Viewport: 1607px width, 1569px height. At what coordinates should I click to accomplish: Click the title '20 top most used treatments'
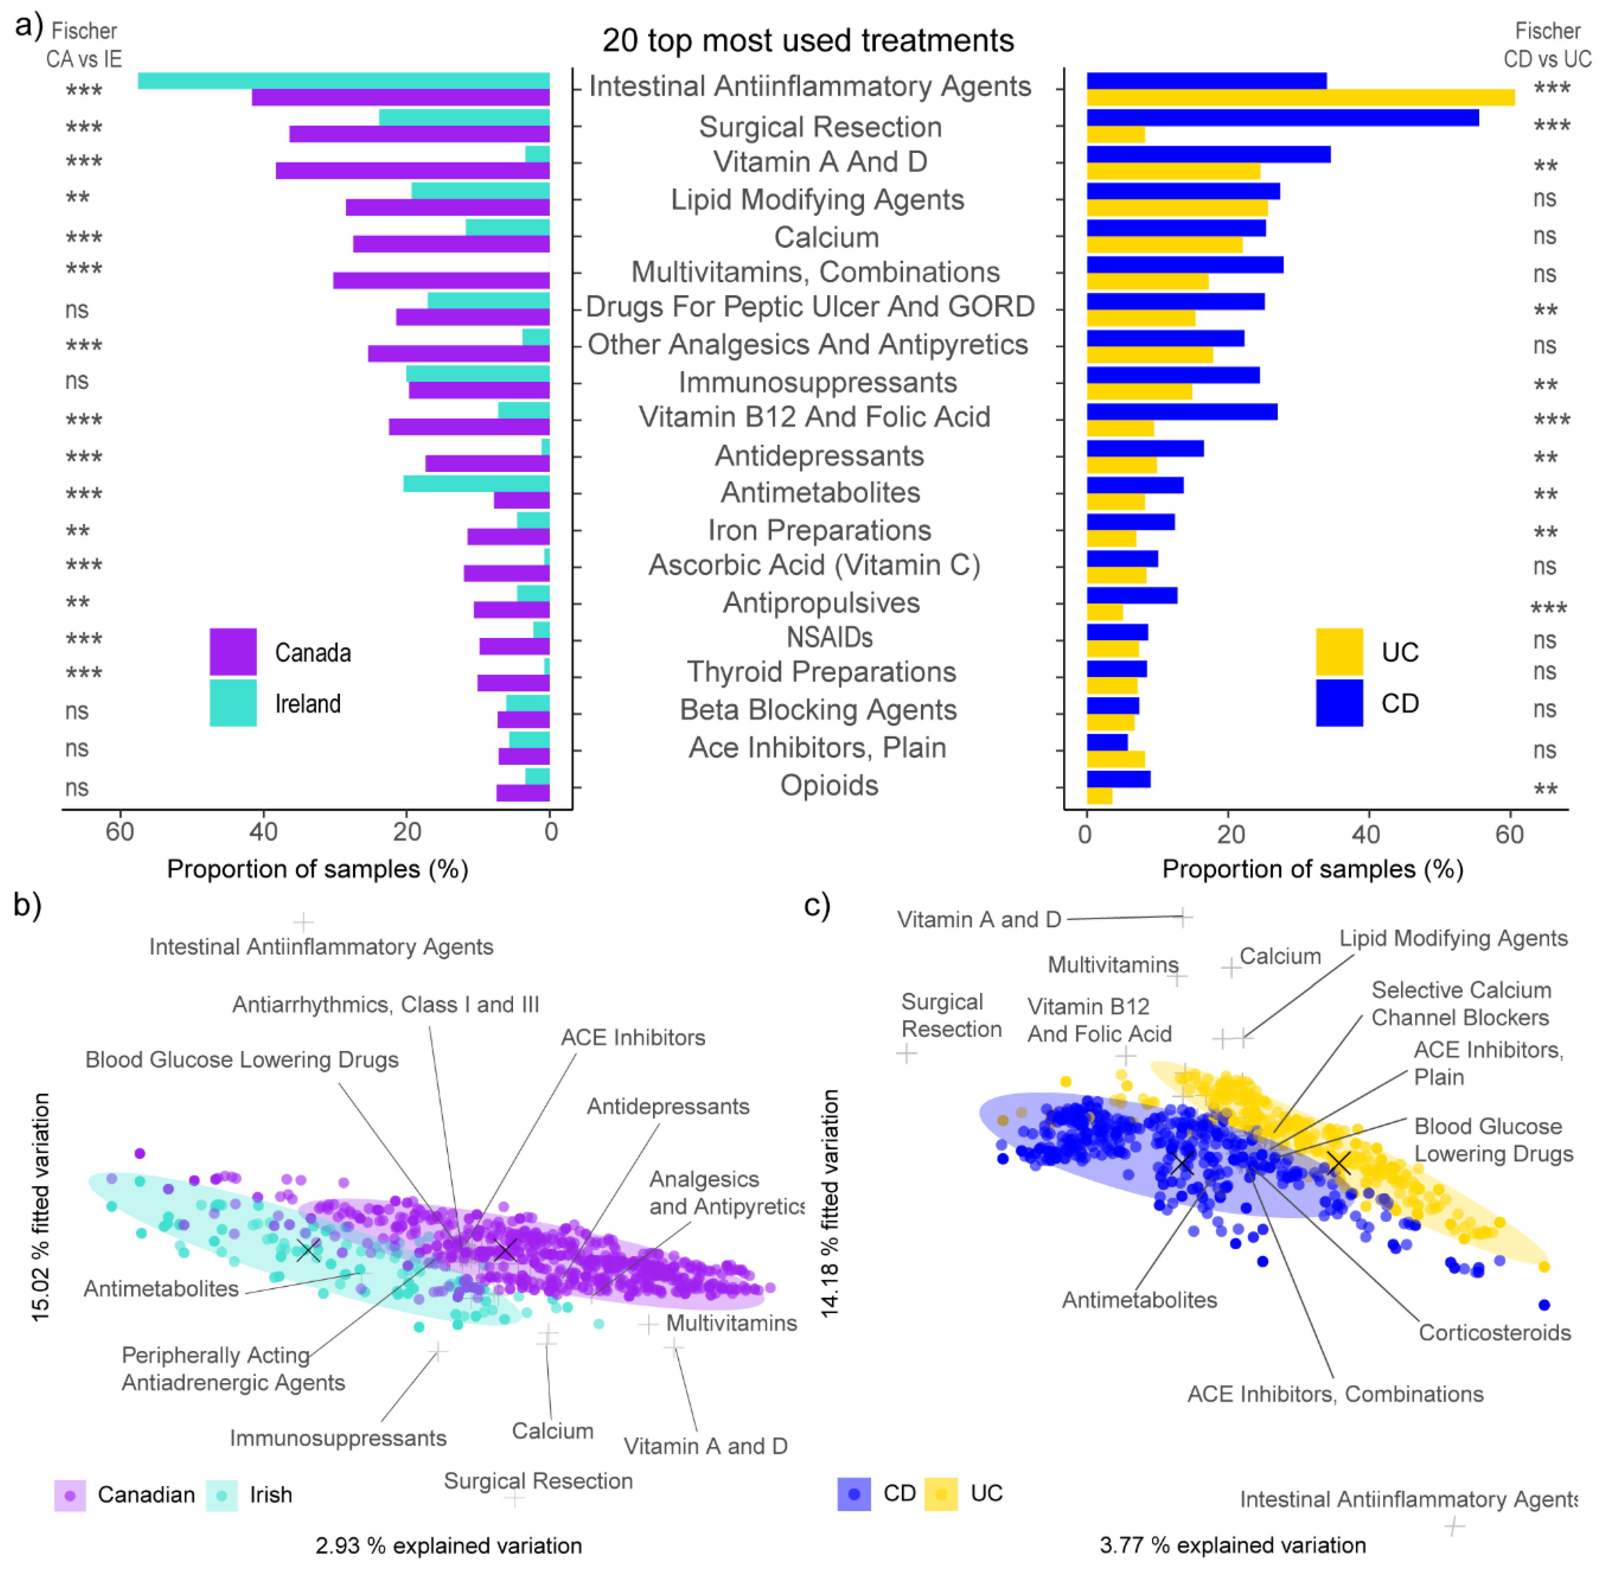808,40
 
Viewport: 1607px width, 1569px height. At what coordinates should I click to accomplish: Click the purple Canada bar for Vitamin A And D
412,171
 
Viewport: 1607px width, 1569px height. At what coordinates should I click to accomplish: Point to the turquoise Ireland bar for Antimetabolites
476,484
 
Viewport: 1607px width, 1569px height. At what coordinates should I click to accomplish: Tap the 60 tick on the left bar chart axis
120,832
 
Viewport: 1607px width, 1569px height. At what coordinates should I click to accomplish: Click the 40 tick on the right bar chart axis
1365,834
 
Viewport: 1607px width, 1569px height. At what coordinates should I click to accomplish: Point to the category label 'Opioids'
829,785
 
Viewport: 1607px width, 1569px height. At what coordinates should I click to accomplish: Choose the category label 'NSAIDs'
829,637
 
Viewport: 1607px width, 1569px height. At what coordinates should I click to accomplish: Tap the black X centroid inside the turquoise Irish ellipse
308,1250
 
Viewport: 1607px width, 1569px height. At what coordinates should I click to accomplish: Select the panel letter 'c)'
817,905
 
